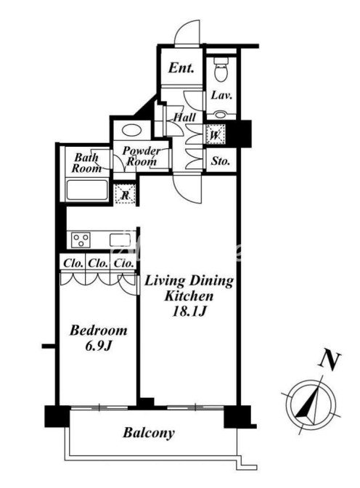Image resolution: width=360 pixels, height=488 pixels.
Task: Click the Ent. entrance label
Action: [181, 68]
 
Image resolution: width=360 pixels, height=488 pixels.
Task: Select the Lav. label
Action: [221, 95]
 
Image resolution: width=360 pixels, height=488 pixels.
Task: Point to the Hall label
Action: [184, 117]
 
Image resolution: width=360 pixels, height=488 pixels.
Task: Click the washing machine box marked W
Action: [216, 134]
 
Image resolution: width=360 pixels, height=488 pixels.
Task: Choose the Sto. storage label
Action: [221, 161]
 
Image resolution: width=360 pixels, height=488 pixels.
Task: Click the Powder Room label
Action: [142, 156]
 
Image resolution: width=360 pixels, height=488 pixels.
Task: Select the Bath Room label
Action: [87, 163]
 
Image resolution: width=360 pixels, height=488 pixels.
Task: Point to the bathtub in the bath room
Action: [87, 190]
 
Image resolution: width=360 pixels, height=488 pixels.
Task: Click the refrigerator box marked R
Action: [125, 195]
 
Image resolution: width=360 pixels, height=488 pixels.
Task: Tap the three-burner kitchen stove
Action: [81, 240]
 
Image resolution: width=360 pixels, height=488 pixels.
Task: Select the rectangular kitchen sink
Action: [120, 240]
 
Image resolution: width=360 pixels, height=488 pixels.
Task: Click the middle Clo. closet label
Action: [98, 264]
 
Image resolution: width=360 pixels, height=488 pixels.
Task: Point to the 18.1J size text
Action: [189, 312]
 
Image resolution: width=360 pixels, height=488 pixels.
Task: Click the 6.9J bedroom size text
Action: [98, 346]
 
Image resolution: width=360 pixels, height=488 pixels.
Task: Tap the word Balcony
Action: [148, 433]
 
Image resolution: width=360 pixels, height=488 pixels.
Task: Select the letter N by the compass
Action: [330, 360]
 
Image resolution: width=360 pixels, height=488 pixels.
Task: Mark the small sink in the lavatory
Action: [221, 115]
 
